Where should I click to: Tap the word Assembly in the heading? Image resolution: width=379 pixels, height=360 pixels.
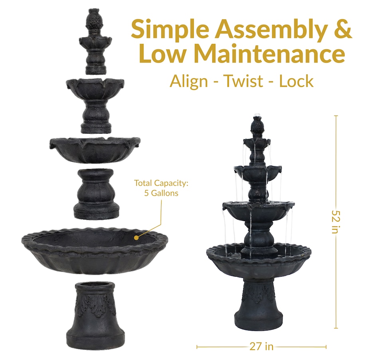coord(271,29)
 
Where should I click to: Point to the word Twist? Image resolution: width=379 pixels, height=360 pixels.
coord(243,81)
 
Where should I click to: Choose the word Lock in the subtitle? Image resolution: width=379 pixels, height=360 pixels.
coord(296,81)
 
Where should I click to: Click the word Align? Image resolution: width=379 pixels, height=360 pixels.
coord(189,82)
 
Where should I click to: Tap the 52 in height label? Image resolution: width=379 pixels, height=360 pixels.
coord(336,222)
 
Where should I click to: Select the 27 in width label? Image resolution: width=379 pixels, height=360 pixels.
coord(261,346)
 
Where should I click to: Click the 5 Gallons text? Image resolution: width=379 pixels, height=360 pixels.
coord(161,193)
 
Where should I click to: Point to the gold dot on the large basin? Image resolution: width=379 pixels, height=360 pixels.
coord(136,238)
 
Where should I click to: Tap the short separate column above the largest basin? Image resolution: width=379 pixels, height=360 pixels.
coord(96,194)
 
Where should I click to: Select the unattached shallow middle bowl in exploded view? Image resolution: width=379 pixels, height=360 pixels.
coord(95,150)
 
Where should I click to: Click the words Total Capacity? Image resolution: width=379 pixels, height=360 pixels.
coord(161,183)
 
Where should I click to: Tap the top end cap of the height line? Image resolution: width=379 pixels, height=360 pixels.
coord(336,116)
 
